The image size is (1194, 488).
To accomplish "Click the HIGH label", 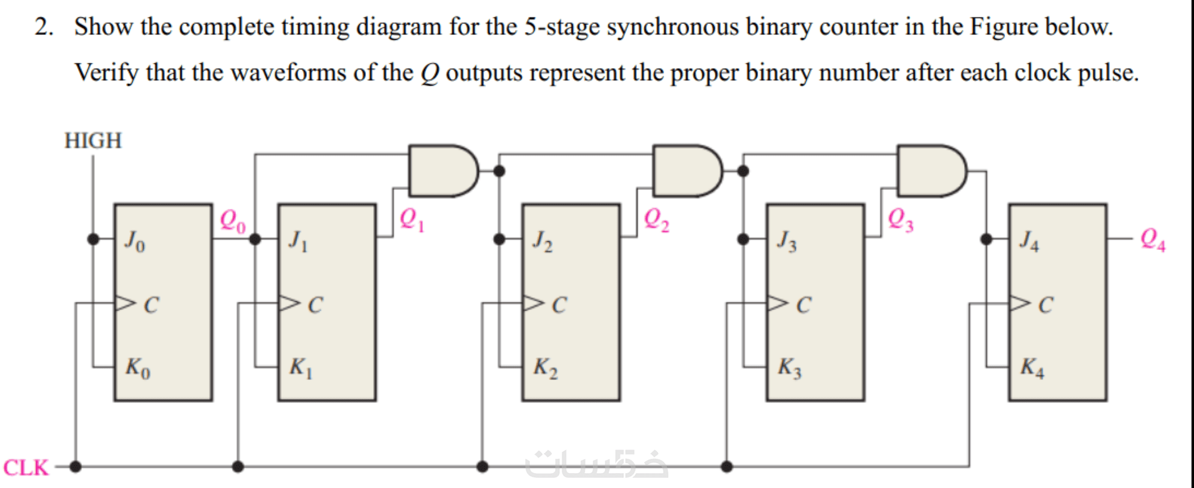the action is click(x=93, y=141).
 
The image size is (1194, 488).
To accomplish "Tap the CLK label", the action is click(x=26, y=467).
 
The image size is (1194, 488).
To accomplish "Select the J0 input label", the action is click(x=135, y=241).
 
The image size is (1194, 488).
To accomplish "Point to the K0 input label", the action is click(x=137, y=367).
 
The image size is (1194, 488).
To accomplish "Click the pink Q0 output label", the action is click(x=233, y=221).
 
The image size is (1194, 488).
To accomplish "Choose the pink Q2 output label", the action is click(x=657, y=220).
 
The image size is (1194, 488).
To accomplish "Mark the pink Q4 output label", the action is click(x=1153, y=239).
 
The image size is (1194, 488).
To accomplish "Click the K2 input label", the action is click(x=546, y=367).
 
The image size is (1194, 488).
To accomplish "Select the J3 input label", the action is click(x=787, y=241).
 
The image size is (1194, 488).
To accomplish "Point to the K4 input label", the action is click(x=1032, y=367).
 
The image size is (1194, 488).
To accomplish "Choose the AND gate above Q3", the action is click(x=932, y=171).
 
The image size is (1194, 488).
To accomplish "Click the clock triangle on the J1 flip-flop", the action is click(x=289, y=303).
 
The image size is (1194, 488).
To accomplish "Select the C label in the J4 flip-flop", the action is click(x=1045, y=305).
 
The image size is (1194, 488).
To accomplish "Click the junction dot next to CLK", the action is click(x=75, y=467).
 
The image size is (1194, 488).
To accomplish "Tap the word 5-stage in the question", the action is click(x=562, y=27).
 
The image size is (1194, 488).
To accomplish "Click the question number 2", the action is click(x=44, y=27).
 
